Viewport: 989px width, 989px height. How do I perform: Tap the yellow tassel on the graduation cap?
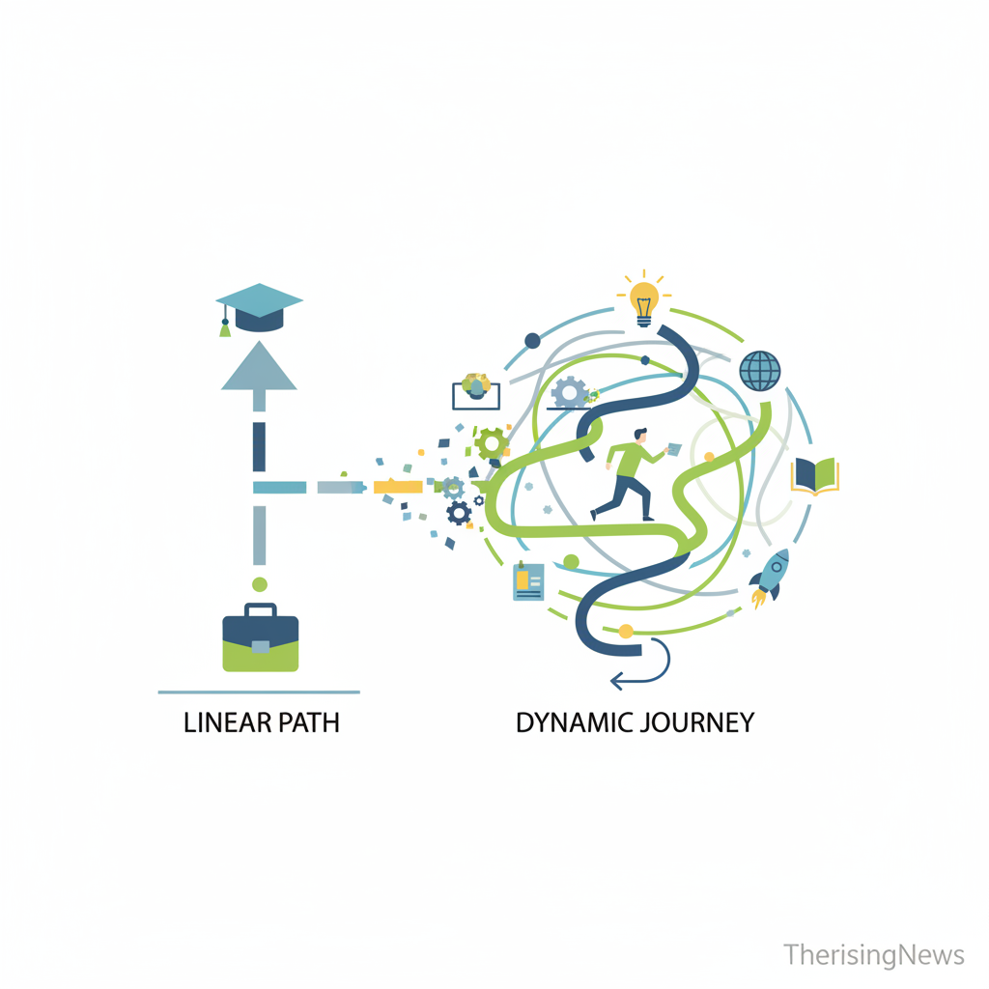point(225,327)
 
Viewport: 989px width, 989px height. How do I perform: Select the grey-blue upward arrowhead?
point(258,368)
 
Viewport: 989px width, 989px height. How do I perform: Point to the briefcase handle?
point(260,610)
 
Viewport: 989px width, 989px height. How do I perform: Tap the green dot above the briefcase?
point(259,583)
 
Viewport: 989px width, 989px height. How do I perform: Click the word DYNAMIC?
point(573,722)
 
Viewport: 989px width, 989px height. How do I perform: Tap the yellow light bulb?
point(644,298)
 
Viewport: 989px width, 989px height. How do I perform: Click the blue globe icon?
point(760,370)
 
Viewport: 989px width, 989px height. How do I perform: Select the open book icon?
point(815,475)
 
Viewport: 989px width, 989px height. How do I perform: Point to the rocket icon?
point(770,575)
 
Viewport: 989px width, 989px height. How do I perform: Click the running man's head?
point(641,438)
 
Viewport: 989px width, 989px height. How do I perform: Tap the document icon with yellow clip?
point(528,581)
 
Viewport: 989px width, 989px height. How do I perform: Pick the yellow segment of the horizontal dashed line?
point(398,487)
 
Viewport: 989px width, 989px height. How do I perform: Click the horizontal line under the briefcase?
point(259,692)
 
